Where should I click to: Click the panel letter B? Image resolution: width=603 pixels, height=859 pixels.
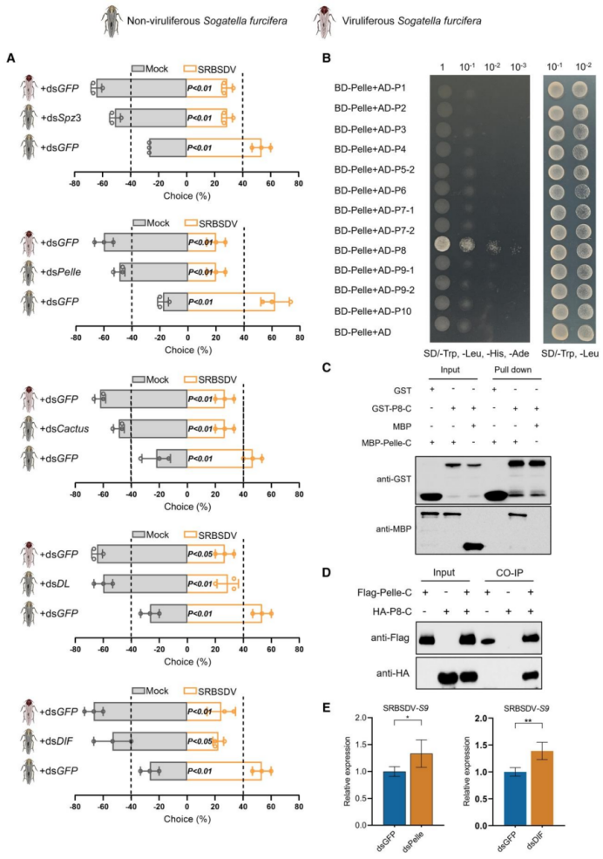coord(326,58)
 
